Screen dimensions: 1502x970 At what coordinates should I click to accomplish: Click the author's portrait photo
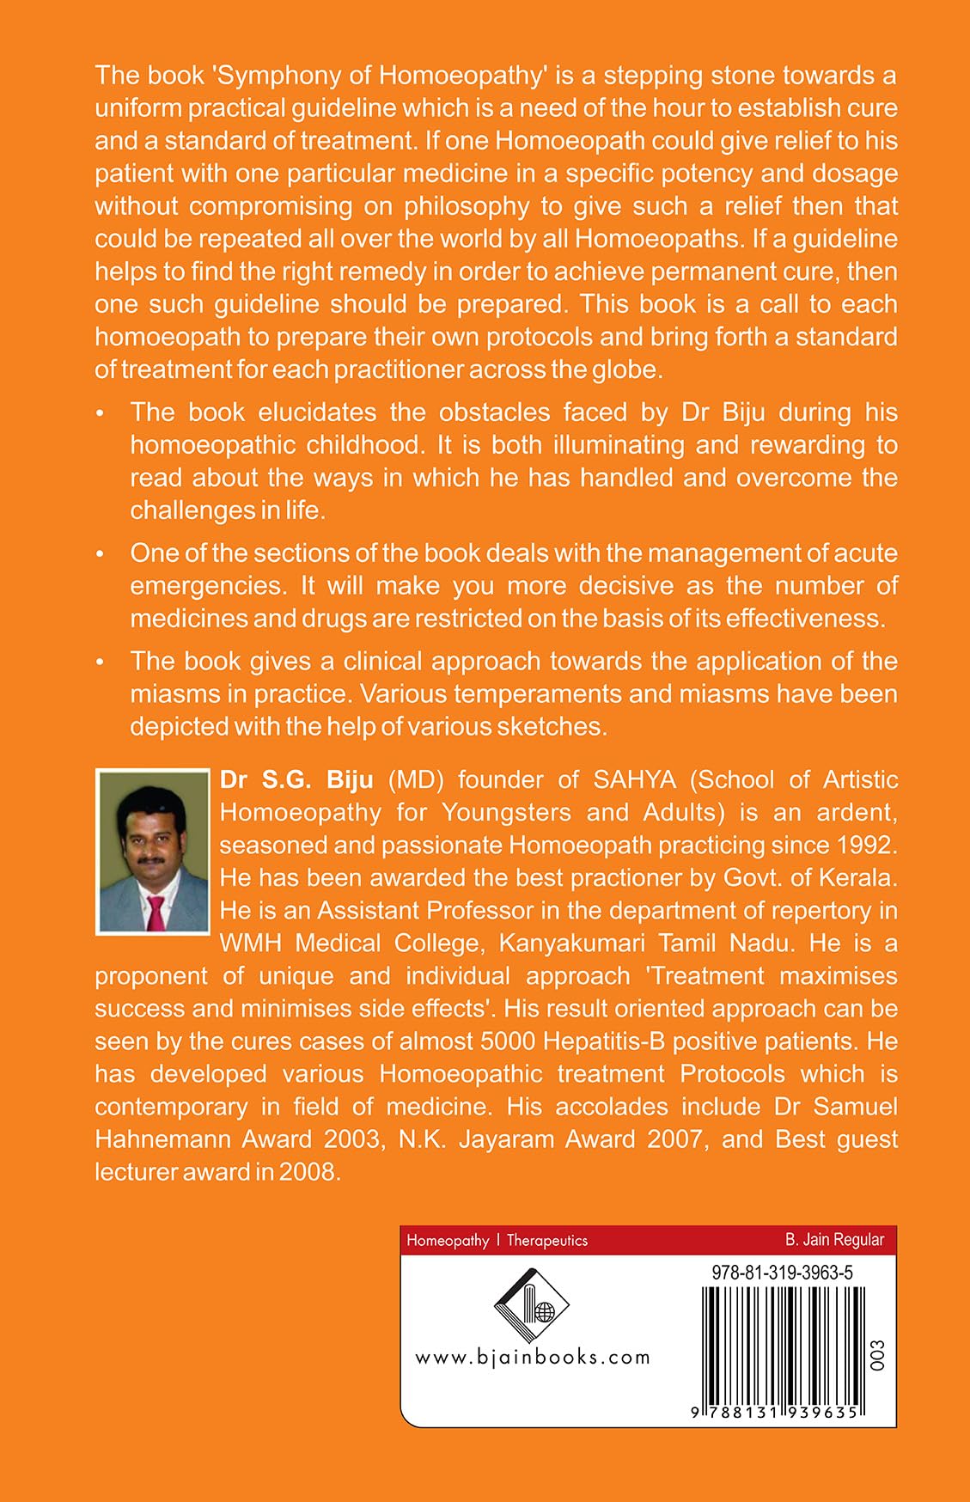pyautogui.click(x=153, y=851)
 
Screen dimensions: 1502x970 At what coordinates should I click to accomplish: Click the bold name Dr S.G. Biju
pyautogui.click(x=296, y=780)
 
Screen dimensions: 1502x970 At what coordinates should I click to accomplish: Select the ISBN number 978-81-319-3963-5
pyautogui.click(x=782, y=1273)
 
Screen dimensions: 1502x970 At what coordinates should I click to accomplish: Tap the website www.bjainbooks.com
pyautogui.click(x=533, y=1358)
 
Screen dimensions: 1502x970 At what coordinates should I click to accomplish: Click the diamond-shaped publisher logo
pyautogui.click(x=532, y=1306)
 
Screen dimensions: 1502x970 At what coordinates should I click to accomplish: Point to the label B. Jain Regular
pyautogui.click(x=834, y=1240)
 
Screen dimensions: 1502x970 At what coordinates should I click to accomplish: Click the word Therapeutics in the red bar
pyautogui.click(x=547, y=1241)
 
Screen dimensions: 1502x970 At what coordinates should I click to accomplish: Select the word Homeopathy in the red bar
pyautogui.click(x=448, y=1241)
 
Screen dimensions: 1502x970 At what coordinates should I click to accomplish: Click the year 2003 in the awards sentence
pyautogui.click(x=352, y=1139)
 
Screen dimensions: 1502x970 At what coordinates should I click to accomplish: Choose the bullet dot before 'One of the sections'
pyautogui.click(x=101, y=555)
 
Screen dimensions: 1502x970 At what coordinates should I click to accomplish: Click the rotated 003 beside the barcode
pyautogui.click(x=877, y=1355)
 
